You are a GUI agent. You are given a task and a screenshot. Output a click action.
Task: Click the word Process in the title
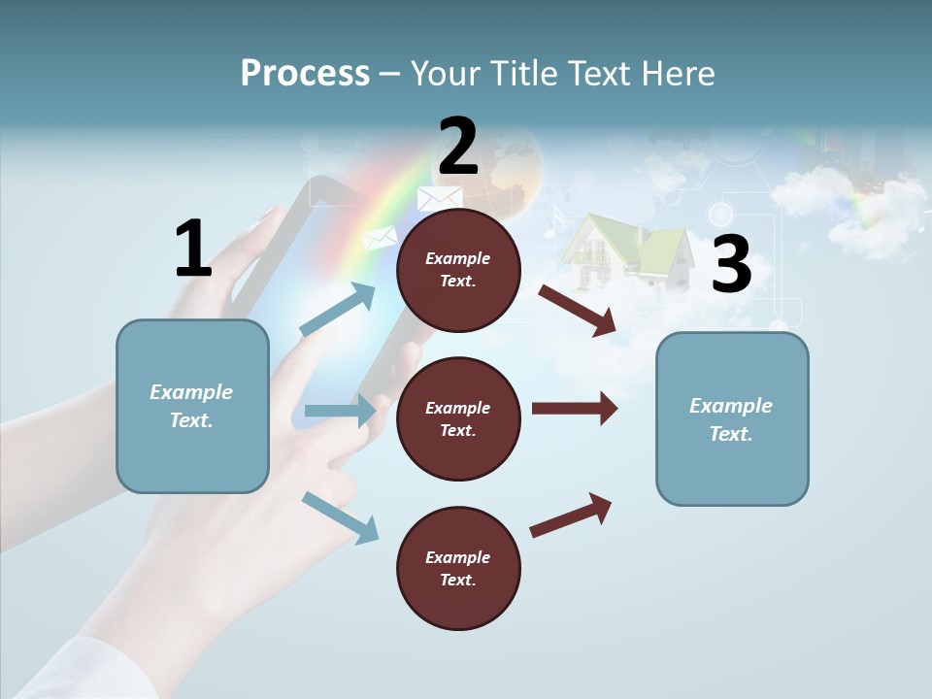click(305, 73)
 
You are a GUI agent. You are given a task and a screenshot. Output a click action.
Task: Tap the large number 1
click(192, 249)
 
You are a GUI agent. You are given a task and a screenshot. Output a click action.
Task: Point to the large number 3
click(731, 264)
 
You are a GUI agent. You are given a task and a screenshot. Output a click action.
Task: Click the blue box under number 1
click(192, 406)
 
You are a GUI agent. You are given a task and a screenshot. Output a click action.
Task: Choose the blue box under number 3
click(732, 418)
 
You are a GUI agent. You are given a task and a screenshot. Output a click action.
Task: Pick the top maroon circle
click(458, 270)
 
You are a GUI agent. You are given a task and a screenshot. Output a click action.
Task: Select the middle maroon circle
click(458, 418)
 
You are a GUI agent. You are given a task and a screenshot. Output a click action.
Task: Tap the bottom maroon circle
click(458, 568)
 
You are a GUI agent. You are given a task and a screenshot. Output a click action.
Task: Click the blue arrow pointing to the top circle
click(338, 310)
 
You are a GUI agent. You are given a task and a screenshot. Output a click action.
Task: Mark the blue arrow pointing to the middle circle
click(340, 411)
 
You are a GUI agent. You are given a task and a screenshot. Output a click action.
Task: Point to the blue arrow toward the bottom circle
click(340, 517)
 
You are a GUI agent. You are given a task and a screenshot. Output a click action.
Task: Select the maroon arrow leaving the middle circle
click(575, 408)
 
